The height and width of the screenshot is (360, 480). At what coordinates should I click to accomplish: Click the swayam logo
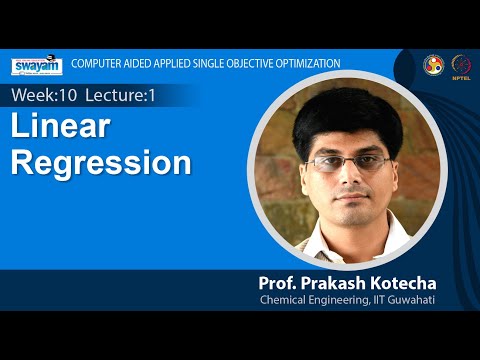pyautogui.click(x=37, y=65)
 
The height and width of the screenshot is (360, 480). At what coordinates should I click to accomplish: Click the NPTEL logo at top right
pyautogui.click(x=461, y=64)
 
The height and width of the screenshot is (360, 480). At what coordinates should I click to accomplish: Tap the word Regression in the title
pyautogui.click(x=101, y=162)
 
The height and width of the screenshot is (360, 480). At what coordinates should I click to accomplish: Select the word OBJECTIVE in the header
pyautogui.click(x=238, y=63)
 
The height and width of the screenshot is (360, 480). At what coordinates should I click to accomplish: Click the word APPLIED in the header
pyautogui.click(x=166, y=63)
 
